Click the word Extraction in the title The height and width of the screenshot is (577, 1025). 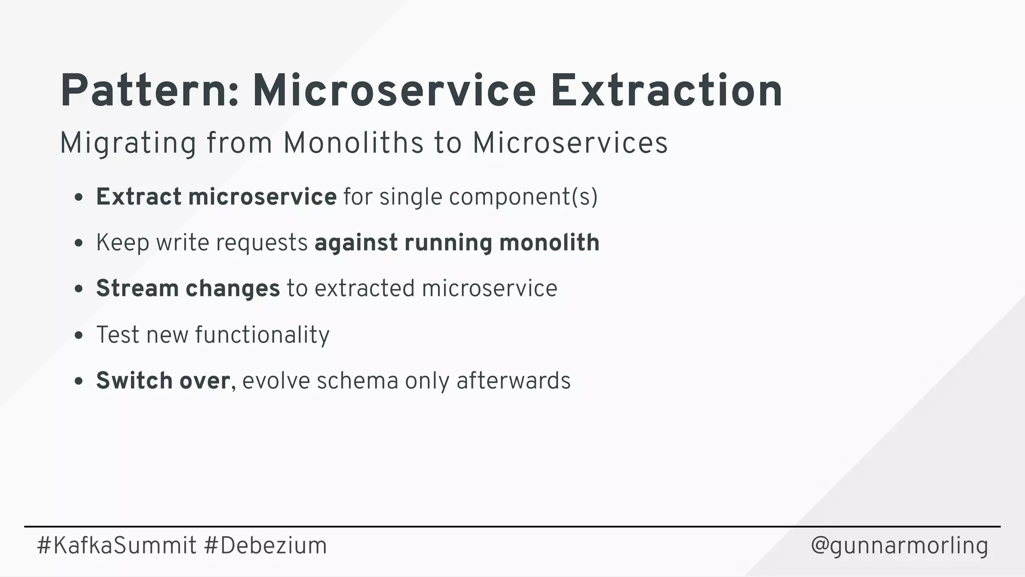(x=666, y=91)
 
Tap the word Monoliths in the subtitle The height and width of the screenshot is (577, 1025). (x=353, y=143)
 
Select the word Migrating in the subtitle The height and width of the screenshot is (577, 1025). (x=128, y=144)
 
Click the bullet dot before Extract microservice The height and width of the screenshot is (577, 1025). (x=78, y=197)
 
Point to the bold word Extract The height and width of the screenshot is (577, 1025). (x=139, y=196)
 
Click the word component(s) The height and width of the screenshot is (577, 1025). (x=523, y=197)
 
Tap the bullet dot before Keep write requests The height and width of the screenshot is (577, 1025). (x=78, y=243)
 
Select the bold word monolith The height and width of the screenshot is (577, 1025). (x=549, y=243)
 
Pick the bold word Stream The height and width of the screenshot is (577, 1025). (x=137, y=288)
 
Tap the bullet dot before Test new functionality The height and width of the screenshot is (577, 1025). (x=78, y=336)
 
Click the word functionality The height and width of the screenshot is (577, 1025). (x=262, y=335)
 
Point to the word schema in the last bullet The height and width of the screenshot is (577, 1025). (x=357, y=381)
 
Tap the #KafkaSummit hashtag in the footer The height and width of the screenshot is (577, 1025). (x=117, y=545)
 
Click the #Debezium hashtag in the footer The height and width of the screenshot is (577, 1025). (x=265, y=545)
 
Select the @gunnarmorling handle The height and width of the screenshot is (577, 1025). (x=899, y=546)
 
